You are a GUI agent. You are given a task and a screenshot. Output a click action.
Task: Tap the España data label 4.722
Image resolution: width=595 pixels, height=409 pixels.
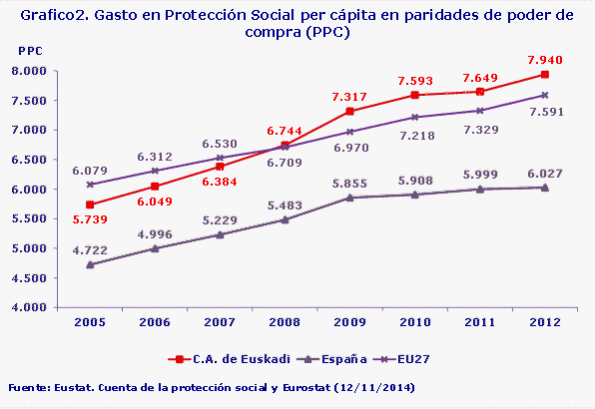[x=91, y=248]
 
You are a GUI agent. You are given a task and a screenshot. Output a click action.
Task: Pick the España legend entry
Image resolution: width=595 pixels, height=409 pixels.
[x=317, y=356]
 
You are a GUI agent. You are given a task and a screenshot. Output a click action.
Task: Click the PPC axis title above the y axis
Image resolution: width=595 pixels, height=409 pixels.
[x=31, y=50]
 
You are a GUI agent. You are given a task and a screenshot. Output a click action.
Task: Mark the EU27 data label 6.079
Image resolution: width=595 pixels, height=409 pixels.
[x=91, y=170]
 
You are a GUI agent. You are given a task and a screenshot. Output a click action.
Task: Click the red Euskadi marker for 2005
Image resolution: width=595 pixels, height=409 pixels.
[x=91, y=204]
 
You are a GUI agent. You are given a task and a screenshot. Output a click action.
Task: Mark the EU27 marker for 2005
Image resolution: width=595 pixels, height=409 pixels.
[x=91, y=185]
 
